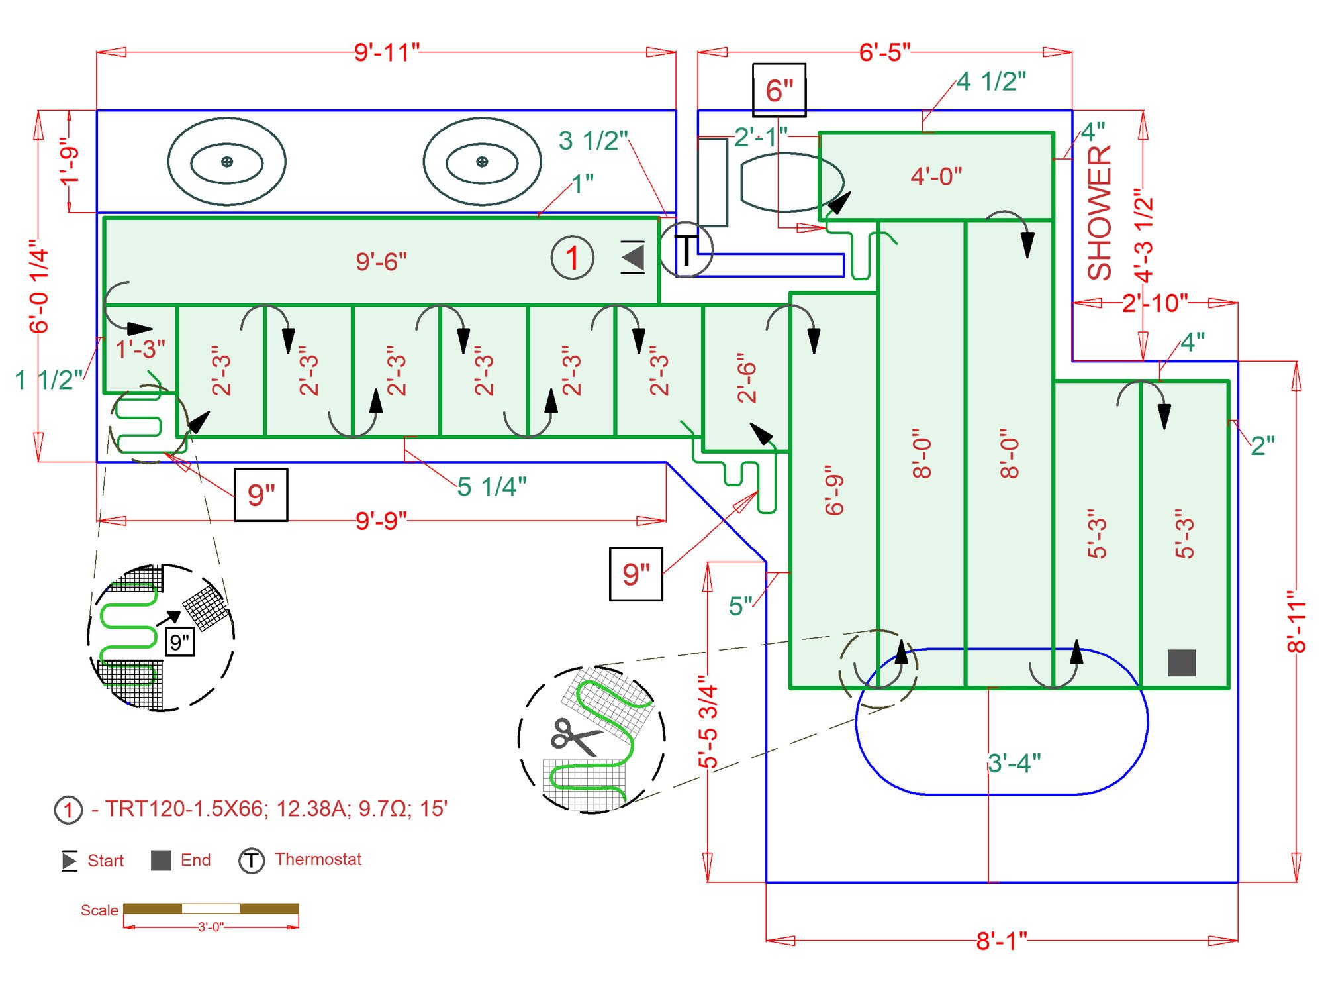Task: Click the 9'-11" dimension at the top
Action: tap(387, 52)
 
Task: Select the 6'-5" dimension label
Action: tap(884, 52)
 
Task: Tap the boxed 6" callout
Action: tap(779, 90)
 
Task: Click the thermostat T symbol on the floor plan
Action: tap(686, 250)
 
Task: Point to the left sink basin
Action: tap(226, 162)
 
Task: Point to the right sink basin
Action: tap(482, 162)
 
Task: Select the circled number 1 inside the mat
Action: tap(572, 258)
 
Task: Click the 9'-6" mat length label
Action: tap(381, 262)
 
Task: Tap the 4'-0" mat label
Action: tap(936, 177)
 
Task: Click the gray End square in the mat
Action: tap(1182, 662)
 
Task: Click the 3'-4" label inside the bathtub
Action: tap(1014, 763)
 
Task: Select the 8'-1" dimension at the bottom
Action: tap(1002, 940)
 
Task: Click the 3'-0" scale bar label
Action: tap(211, 927)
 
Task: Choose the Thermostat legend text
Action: tap(318, 859)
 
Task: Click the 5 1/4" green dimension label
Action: tap(492, 487)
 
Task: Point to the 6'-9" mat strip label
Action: tap(834, 490)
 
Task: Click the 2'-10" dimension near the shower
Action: tap(1155, 303)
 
